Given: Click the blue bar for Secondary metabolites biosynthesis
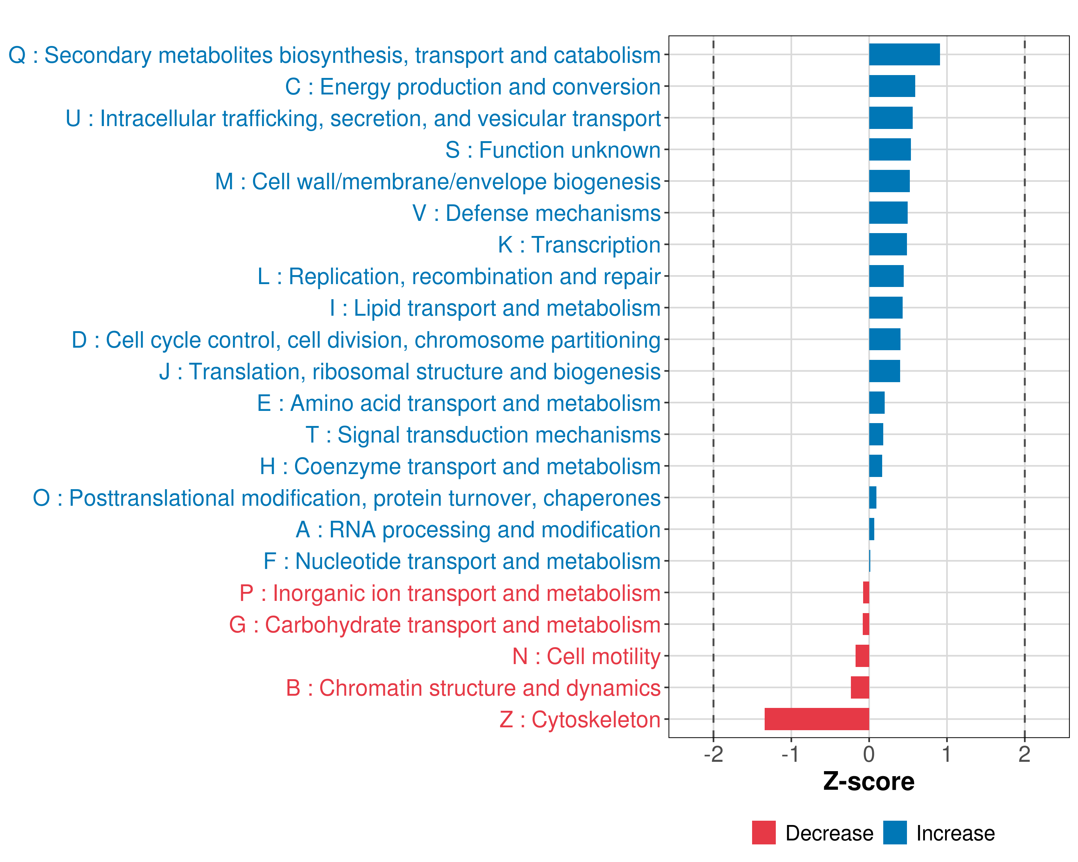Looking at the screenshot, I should click(904, 55).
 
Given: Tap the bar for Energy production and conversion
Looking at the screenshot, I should click(892, 86).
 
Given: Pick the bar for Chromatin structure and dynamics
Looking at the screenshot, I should click(860, 687).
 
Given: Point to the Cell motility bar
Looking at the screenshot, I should click(862, 655).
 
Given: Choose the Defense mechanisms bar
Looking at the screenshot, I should click(888, 213).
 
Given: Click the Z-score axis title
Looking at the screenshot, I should click(869, 782).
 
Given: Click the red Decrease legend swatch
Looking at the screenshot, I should click(764, 833).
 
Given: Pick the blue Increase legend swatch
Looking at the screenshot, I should click(894, 833).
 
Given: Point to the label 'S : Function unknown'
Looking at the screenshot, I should click(553, 150).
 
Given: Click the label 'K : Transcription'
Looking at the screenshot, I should click(579, 245).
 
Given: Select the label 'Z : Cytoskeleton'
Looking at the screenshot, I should click(580, 719).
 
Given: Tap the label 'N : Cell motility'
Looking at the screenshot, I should click(586, 657).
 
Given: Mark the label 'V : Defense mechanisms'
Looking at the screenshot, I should click(536, 213).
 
